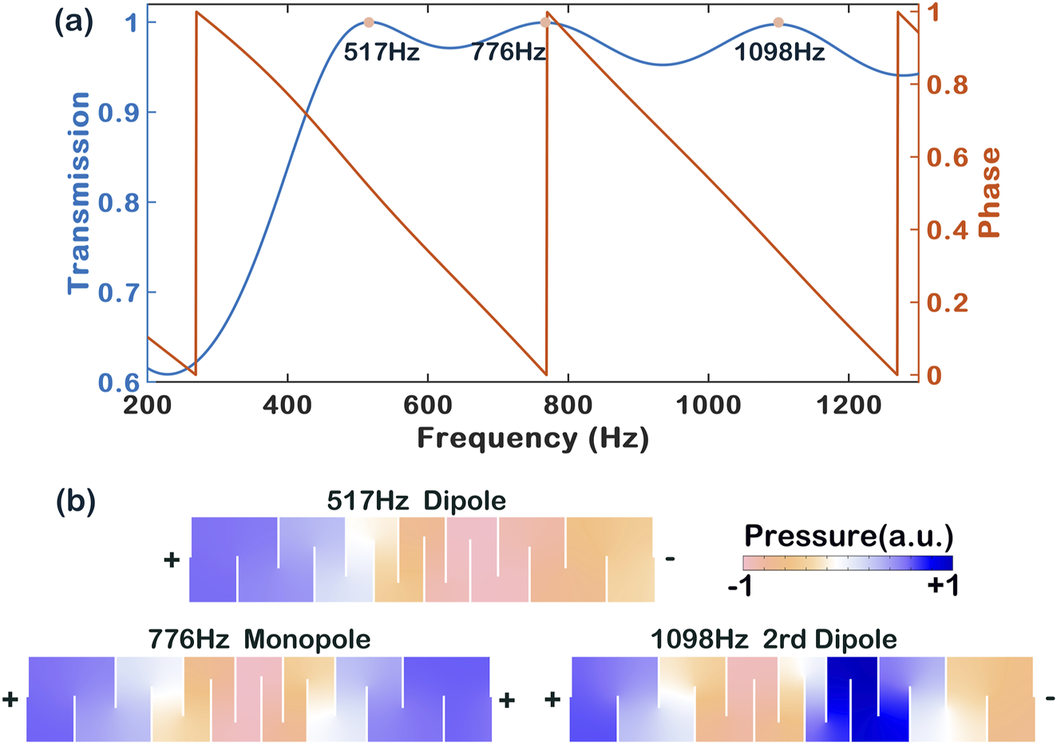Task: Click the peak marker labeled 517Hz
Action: [368, 23]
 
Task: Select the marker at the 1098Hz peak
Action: [778, 23]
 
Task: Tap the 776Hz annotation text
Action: [508, 53]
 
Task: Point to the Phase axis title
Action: [990, 192]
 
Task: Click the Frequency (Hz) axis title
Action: [532, 438]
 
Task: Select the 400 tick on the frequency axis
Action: [287, 406]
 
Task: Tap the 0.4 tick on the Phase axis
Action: [948, 230]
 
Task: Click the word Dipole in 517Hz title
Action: [465, 501]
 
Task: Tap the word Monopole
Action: [307, 639]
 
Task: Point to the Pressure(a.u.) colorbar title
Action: [849, 534]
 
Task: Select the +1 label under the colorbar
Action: [942, 587]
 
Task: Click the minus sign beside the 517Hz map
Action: [670, 559]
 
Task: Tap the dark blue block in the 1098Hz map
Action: [853, 698]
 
